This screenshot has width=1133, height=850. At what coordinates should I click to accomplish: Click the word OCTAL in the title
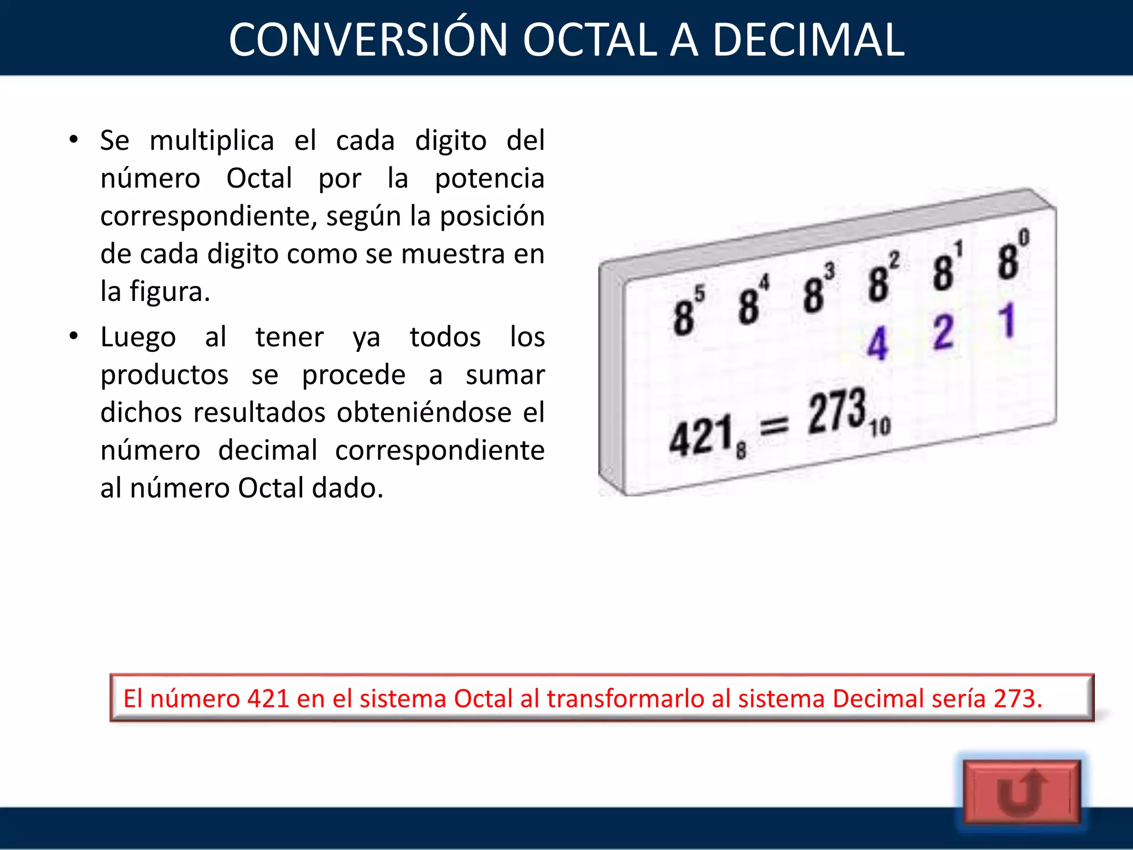tap(590, 40)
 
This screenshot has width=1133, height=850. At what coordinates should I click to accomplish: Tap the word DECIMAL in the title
tap(808, 40)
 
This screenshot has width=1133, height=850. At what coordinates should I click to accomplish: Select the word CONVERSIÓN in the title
tap(368, 40)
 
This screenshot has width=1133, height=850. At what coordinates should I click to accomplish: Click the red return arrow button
tap(1021, 792)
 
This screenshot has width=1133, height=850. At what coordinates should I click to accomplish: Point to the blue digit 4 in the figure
tap(877, 343)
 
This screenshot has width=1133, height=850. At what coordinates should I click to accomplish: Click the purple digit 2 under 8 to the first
tap(943, 332)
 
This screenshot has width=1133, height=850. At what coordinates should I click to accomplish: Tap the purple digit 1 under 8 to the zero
tap(1007, 320)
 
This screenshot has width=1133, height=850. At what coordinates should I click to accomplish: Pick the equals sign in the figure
tap(775, 426)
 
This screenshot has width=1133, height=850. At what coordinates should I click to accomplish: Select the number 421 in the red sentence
tap(268, 698)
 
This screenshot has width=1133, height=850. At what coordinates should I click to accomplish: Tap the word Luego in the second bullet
tap(138, 337)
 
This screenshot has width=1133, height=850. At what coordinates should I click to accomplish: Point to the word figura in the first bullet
tap(168, 292)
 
